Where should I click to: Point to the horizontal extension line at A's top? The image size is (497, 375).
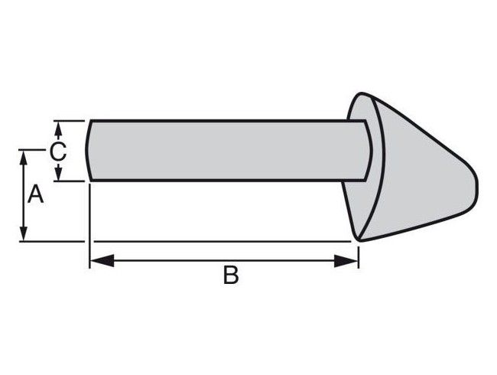(34, 150)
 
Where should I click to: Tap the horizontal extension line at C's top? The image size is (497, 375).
(69, 120)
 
